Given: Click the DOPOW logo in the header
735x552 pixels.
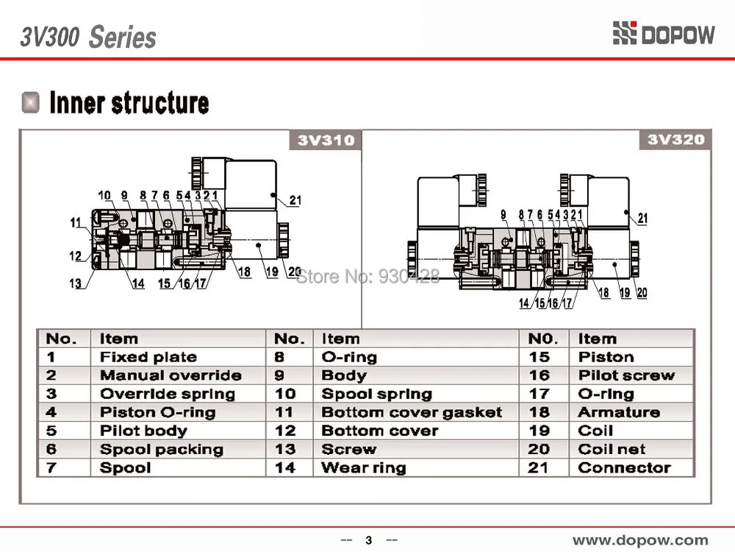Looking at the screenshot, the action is tap(664, 34).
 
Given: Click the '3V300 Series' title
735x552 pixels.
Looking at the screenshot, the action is tap(88, 37).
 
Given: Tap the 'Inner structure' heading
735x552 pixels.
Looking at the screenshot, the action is tap(129, 103).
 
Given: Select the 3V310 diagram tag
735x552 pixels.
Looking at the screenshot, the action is tap(326, 140).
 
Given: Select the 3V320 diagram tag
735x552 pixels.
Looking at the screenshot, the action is tap(675, 139).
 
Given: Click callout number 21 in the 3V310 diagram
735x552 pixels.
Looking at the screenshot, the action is tap(295, 200).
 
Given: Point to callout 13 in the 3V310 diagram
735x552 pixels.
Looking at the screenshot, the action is tap(75, 283).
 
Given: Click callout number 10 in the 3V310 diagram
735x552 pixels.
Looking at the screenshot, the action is tap(104, 195).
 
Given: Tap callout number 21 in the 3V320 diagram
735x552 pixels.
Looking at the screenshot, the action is tap(642, 218).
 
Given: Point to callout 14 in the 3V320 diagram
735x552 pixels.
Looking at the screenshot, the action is tap(524, 303).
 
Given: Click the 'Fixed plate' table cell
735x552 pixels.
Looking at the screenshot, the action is tap(148, 357).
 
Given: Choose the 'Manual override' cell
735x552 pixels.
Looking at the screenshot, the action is tap(171, 375).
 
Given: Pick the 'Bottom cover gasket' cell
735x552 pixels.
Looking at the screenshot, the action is tap(412, 412).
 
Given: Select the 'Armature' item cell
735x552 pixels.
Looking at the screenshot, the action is tap(619, 412).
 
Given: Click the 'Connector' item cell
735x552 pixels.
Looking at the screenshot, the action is tap(624, 467).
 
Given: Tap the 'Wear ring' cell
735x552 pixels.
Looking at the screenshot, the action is tap(363, 468).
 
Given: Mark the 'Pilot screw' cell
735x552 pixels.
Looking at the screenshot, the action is tap(627, 375).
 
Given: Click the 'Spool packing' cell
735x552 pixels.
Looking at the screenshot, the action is tap(161, 450).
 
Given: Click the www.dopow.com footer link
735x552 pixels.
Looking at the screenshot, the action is tap(640, 540).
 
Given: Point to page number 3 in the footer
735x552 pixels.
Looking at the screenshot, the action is tap(369, 540).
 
